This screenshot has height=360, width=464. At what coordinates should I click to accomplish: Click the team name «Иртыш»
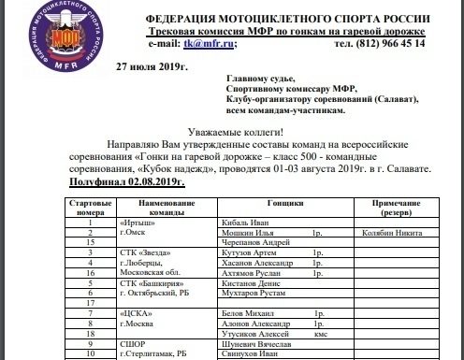coord(138,223)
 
